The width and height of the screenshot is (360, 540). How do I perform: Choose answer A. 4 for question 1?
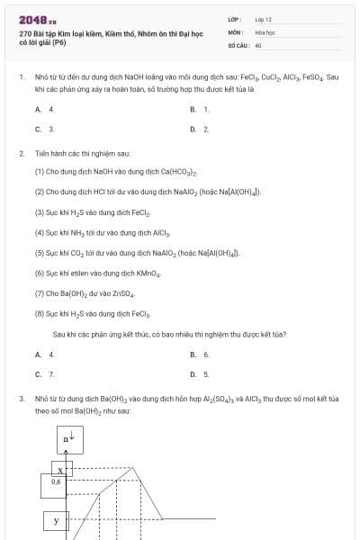coord(39,109)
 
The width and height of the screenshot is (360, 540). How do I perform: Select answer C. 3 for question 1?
coord(39,129)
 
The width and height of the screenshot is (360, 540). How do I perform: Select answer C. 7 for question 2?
coord(39,373)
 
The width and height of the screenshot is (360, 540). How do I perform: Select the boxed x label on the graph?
coord(59,470)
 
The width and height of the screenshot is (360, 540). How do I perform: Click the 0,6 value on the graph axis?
coord(56,481)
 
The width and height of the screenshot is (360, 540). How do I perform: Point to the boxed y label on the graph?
coord(56,521)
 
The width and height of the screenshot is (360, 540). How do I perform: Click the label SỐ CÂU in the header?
coord(238,44)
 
